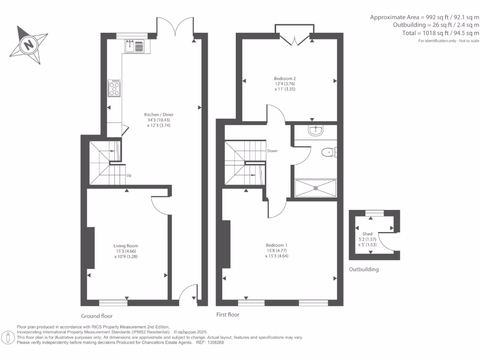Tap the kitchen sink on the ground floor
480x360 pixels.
[135, 46]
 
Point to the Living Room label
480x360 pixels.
[126, 246]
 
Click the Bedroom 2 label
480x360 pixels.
[285, 79]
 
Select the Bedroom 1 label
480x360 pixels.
[276, 245]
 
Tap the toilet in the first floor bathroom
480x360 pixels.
[329, 152]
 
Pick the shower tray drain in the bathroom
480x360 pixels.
[315, 188]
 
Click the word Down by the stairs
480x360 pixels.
[273, 151]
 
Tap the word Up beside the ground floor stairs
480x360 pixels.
[128, 176]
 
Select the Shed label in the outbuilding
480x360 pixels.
[367, 234]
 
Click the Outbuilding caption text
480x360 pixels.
[364, 270]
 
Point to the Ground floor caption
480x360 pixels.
[97, 316]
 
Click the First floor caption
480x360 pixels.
[227, 315]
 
